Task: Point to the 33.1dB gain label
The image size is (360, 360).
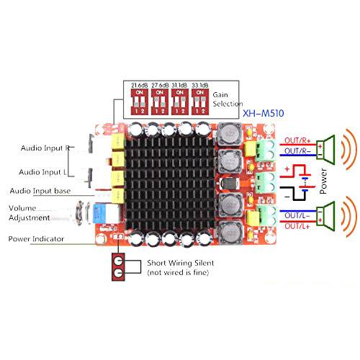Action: pos(206,85)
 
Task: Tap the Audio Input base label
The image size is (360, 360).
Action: pos(41,192)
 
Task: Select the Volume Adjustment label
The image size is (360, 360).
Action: pos(30,212)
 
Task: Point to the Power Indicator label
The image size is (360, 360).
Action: pos(36,238)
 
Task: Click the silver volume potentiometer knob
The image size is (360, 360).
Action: pos(80,212)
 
